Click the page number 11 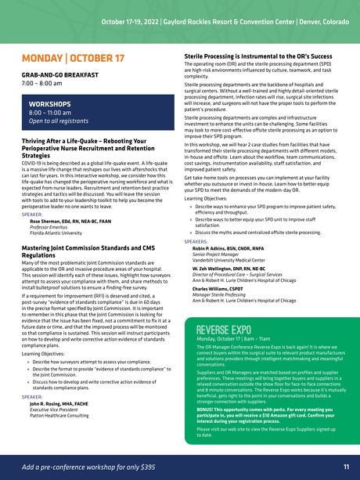[346, 467]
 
